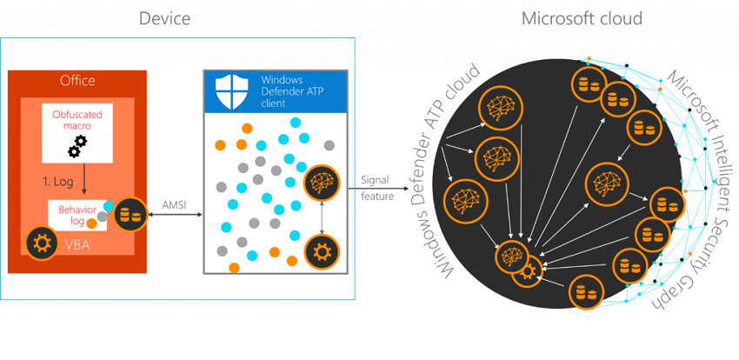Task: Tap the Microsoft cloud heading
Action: click(582, 18)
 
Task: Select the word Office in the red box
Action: click(77, 81)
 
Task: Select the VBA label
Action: click(77, 244)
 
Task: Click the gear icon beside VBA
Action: click(39, 241)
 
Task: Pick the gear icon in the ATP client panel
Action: click(321, 252)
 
